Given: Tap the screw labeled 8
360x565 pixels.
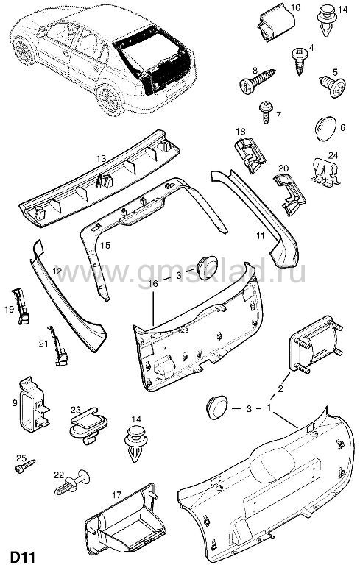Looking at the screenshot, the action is (x=257, y=80).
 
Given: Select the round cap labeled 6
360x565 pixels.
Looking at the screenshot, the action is (x=325, y=129).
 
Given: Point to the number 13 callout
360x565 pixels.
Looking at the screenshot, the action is (x=101, y=158).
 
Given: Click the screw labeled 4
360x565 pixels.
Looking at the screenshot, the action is (x=300, y=60).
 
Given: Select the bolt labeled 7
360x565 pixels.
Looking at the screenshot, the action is (x=267, y=112).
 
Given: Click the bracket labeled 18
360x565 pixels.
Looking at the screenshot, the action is (x=250, y=155).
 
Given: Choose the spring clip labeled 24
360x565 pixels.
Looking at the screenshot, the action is (x=325, y=173).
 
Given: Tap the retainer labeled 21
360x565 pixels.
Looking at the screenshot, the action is (x=57, y=346).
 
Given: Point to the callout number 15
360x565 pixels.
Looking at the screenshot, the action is (x=105, y=246).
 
